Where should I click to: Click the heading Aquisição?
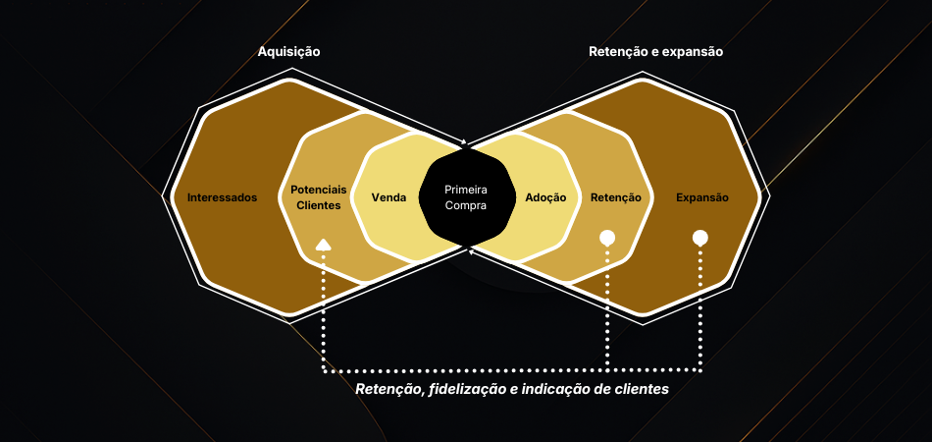coord(288,51)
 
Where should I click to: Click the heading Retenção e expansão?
coord(655,51)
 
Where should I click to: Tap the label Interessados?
coord(222,197)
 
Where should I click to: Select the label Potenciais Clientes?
coord(319,197)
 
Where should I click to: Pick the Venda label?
coord(389,197)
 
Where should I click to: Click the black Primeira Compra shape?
coord(466,197)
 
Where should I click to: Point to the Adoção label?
coord(545,197)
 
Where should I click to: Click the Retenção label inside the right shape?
coord(616,197)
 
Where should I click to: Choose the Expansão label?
coord(702,197)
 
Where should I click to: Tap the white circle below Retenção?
coord(607,238)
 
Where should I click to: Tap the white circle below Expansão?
coord(700,238)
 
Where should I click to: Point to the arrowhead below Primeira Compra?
coord(472,252)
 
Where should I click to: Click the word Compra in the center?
coord(466,205)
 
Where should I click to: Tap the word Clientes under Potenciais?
coord(319,205)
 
